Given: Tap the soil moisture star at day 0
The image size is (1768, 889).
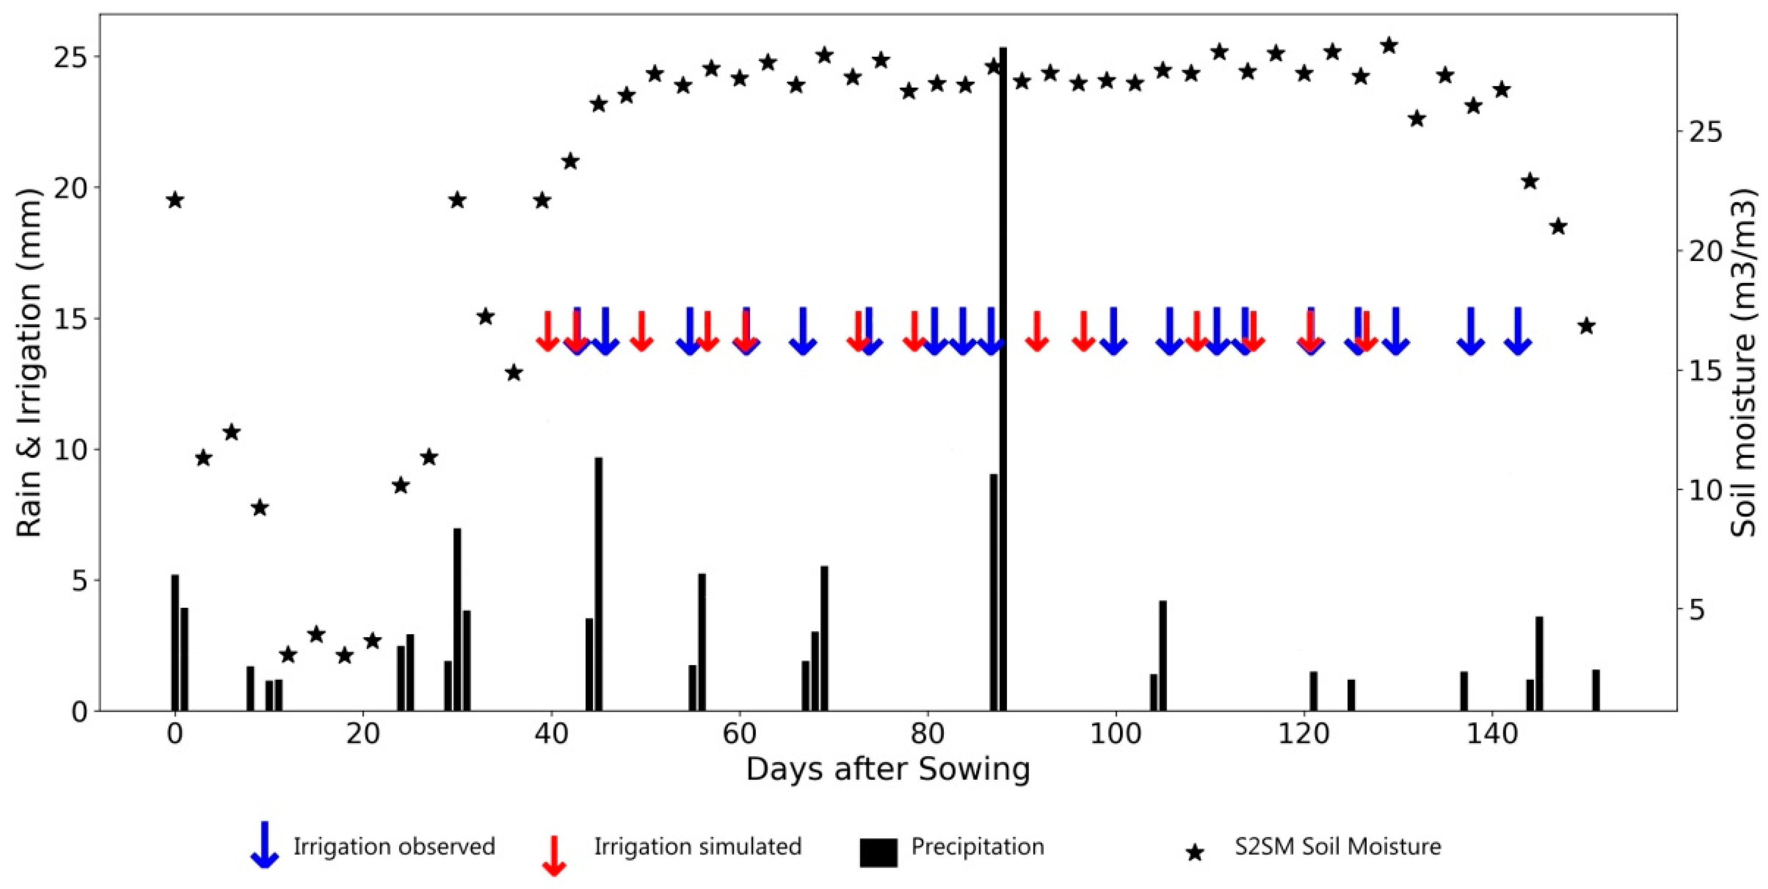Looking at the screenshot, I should [x=175, y=200].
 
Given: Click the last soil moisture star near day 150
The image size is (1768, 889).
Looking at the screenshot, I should [x=1586, y=326].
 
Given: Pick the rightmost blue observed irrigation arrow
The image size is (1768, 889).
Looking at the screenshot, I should [x=1518, y=332].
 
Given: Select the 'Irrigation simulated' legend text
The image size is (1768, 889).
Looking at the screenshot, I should [x=697, y=847].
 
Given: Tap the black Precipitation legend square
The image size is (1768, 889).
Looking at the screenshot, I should [x=878, y=853].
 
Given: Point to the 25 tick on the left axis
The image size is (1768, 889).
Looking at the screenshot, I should [x=71, y=57].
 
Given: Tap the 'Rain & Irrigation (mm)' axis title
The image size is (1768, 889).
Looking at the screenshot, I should [x=29, y=362].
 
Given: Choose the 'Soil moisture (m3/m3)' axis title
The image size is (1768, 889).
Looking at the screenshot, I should [x=1743, y=362].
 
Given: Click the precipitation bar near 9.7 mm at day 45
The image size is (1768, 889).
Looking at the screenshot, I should [x=598, y=583].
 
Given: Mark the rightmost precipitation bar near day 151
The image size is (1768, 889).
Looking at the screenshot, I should [x=1596, y=690].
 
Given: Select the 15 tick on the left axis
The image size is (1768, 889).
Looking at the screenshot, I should [x=71, y=319].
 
